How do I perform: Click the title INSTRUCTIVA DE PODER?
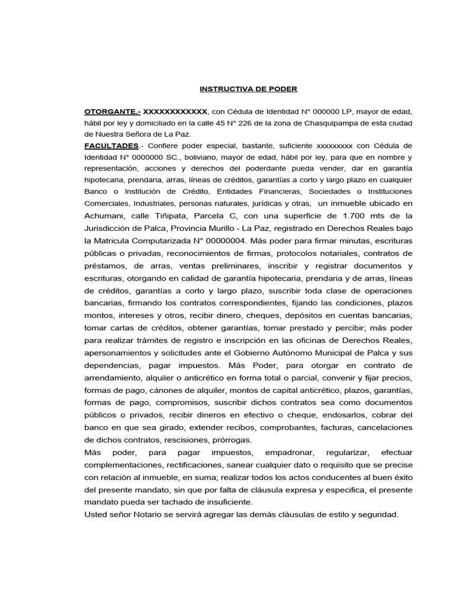[248, 89]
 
